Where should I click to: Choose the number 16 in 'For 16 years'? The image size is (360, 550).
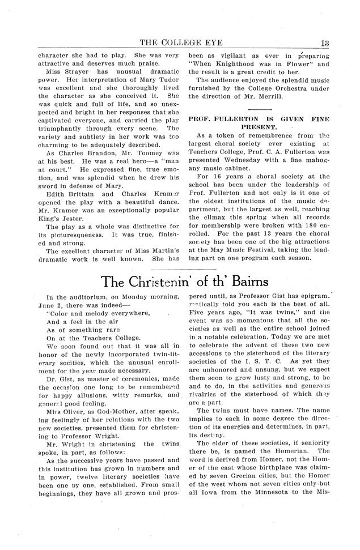[x=218, y=177]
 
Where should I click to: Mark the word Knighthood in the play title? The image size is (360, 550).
[x=236, y=65]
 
